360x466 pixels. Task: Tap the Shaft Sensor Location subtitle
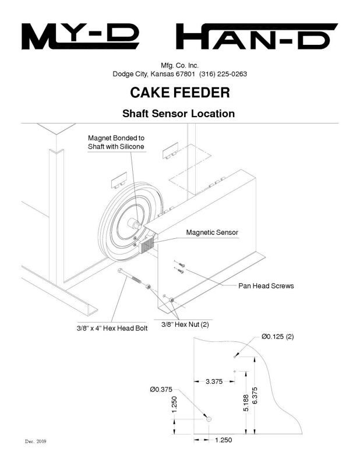[x=178, y=114]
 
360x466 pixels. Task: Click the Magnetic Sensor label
[x=212, y=232]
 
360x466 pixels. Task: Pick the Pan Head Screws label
[x=266, y=286]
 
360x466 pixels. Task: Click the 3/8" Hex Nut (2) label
[x=185, y=324]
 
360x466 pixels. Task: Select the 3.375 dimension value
[x=214, y=382]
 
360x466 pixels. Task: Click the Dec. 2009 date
[x=36, y=442]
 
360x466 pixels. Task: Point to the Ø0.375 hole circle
[x=207, y=418]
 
